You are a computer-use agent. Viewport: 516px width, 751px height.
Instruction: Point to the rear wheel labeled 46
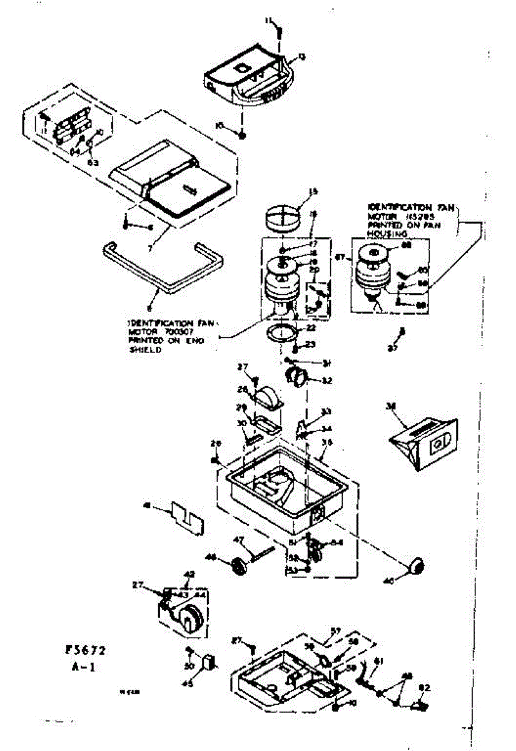click(238, 567)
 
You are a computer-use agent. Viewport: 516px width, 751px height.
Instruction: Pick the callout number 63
click(93, 162)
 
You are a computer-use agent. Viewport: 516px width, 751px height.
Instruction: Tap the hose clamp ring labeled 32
click(296, 376)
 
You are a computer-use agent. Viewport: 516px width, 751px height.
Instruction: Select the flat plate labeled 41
click(188, 516)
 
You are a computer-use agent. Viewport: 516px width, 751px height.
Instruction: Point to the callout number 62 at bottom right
click(425, 688)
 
